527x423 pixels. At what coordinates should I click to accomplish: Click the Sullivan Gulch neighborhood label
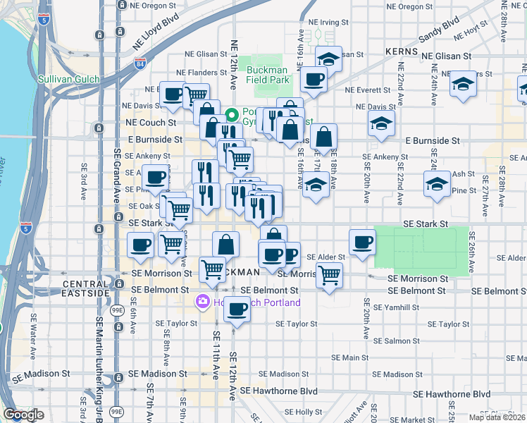pyautogui.click(x=68, y=80)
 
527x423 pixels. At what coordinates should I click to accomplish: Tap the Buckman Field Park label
pyautogui.click(x=268, y=75)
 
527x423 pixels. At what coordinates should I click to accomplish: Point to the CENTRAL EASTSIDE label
pyautogui.click(x=86, y=288)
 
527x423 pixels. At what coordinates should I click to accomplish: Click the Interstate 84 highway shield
pyautogui.click(x=139, y=66)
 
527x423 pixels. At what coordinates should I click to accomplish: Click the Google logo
pyautogui.click(x=23, y=415)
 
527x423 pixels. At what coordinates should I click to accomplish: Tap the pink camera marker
pyautogui.click(x=203, y=302)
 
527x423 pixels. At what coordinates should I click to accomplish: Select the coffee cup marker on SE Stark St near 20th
pyautogui.click(x=363, y=242)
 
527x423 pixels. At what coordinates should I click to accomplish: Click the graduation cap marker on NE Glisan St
pyautogui.click(x=328, y=58)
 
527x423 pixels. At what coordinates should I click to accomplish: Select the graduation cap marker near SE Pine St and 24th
pyautogui.click(x=437, y=183)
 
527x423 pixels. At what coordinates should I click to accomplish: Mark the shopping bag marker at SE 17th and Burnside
pyautogui.click(x=323, y=136)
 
